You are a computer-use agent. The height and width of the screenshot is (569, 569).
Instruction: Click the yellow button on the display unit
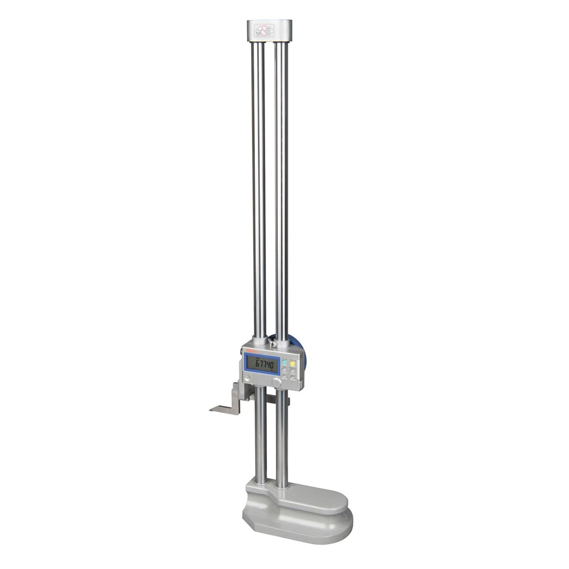click(x=293, y=364)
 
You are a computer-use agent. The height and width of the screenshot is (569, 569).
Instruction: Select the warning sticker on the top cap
click(x=263, y=31)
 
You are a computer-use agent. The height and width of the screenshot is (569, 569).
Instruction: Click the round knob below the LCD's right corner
click(x=276, y=382)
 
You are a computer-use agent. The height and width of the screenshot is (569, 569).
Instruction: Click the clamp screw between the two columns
click(x=273, y=340)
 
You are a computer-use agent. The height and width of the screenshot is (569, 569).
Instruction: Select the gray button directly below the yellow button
click(x=293, y=372)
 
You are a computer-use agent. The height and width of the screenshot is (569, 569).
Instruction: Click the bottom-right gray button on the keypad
click(x=293, y=379)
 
